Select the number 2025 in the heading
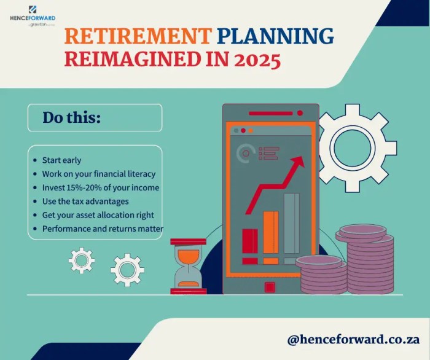(x=252, y=61)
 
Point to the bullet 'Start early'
(x=61, y=160)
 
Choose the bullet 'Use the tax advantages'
(x=85, y=201)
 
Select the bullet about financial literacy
(x=98, y=174)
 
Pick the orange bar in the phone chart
(x=271, y=233)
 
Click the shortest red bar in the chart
(x=250, y=241)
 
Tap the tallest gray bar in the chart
(x=292, y=223)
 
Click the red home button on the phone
(x=270, y=287)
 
